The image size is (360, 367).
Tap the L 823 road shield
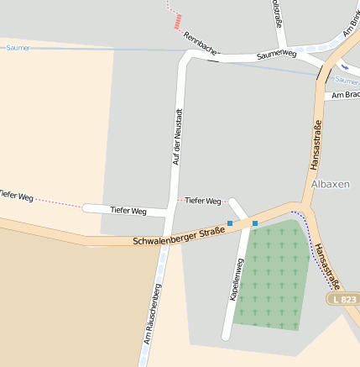coord(345,299)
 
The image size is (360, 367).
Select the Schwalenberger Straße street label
coord(179,236)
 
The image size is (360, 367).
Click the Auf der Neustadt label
coord(177,136)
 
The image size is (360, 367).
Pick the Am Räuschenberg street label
coord(152,314)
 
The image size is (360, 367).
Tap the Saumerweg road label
coord(277,55)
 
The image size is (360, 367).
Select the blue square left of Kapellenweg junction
coord(230,223)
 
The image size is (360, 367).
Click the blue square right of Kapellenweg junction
coord(255,223)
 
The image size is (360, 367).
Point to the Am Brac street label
coord(345,96)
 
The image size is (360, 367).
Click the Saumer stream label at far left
coord(18,48)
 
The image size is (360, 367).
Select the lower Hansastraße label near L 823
coord(326,265)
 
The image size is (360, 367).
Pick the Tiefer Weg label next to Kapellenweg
coord(202,201)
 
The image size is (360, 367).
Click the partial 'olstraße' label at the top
coord(276,12)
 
